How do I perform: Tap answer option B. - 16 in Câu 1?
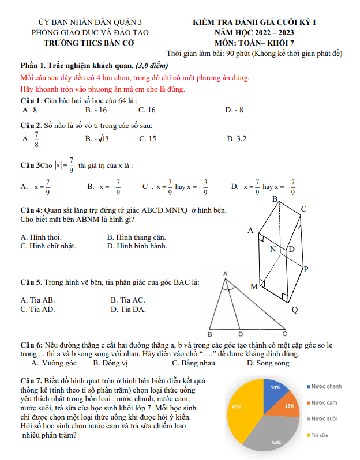[x=96, y=109]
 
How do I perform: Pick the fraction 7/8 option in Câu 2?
[x=32, y=138]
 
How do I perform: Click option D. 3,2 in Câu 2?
[x=237, y=138]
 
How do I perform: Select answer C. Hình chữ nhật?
[x=48, y=246]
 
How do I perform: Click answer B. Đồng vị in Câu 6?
[x=110, y=363]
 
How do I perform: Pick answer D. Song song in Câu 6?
[x=268, y=363]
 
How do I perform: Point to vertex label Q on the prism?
[x=294, y=310]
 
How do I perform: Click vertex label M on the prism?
[x=254, y=286]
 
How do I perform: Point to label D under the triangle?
[x=241, y=334]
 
